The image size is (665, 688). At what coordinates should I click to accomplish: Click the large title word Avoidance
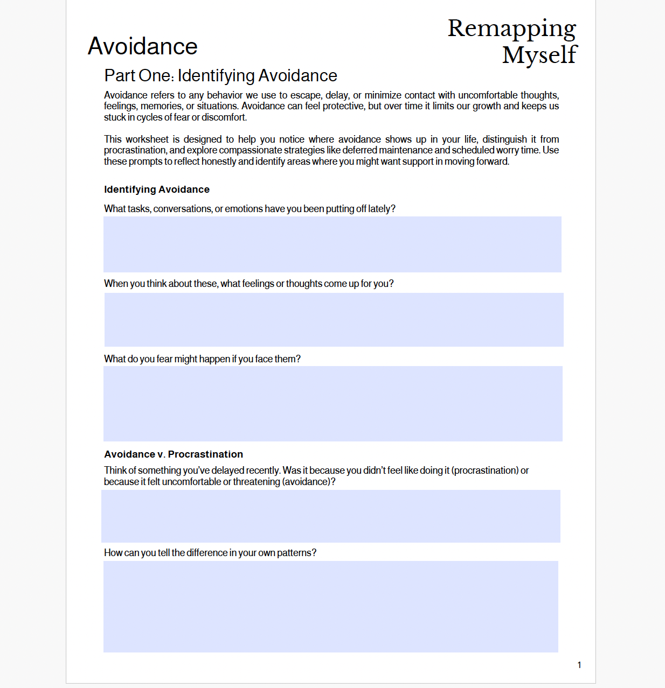click(143, 46)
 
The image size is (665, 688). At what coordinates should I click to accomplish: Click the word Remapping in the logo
click(511, 29)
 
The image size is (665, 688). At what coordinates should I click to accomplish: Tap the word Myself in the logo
click(539, 55)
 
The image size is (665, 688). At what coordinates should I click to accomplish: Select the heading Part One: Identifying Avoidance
click(220, 76)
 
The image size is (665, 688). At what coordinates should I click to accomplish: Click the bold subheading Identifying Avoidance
click(157, 189)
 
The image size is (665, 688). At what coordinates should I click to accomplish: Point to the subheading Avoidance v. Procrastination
click(174, 454)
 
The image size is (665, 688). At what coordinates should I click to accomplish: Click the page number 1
click(579, 665)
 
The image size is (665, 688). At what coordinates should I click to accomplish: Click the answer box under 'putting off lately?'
click(332, 244)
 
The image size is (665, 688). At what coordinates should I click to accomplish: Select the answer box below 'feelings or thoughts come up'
click(334, 320)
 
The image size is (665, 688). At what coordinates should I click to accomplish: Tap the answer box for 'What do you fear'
click(332, 404)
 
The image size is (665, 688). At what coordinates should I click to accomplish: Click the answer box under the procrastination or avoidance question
click(330, 516)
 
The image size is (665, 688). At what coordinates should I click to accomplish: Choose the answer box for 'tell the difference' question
click(330, 607)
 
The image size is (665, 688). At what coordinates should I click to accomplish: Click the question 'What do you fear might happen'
click(202, 359)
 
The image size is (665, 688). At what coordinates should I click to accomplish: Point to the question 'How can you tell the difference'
click(210, 553)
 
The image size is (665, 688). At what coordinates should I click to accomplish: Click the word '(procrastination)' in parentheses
click(484, 471)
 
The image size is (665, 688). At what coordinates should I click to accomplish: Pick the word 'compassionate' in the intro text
click(250, 150)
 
